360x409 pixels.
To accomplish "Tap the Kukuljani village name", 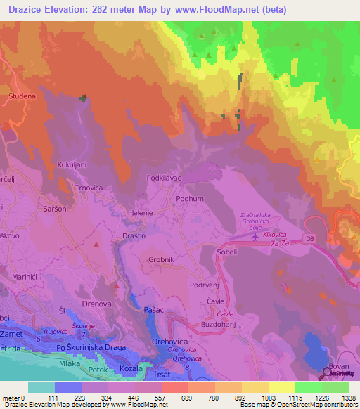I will pyautogui.click(x=72, y=164).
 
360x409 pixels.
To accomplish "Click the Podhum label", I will pyautogui.click(x=190, y=199).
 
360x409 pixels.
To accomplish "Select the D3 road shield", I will pyautogui.click(x=310, y=240).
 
